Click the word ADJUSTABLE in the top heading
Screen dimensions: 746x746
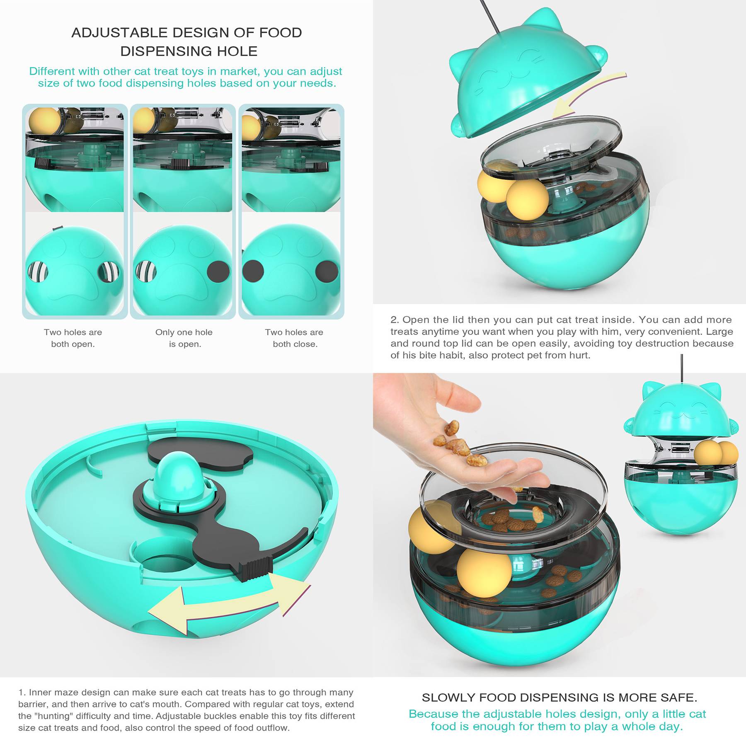tap(119, 33)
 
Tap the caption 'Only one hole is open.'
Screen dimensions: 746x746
tap(184, 338)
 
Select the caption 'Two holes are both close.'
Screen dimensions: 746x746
tap(294, 338)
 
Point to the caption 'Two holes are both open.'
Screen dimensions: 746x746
tap(73, 338)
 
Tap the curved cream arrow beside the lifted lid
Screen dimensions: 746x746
tap(589, 94)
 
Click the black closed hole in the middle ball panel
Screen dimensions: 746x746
tap(218, 271)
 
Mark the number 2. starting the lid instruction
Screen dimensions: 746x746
tap(395, 320)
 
